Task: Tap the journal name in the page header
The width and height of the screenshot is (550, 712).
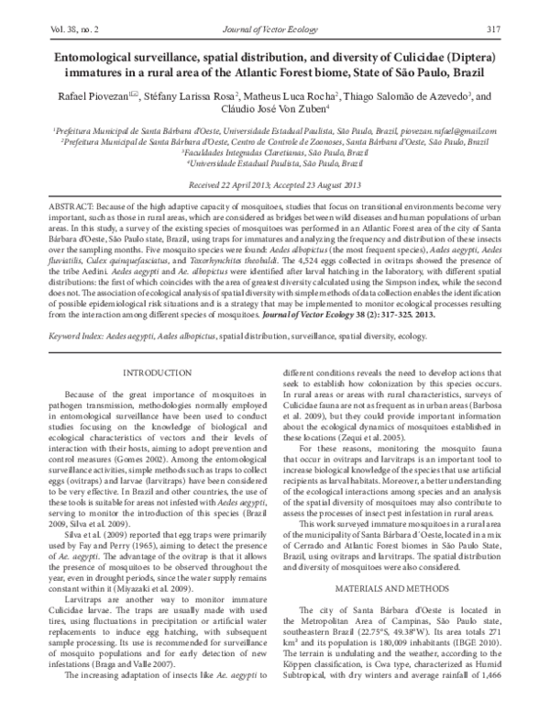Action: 275,30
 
